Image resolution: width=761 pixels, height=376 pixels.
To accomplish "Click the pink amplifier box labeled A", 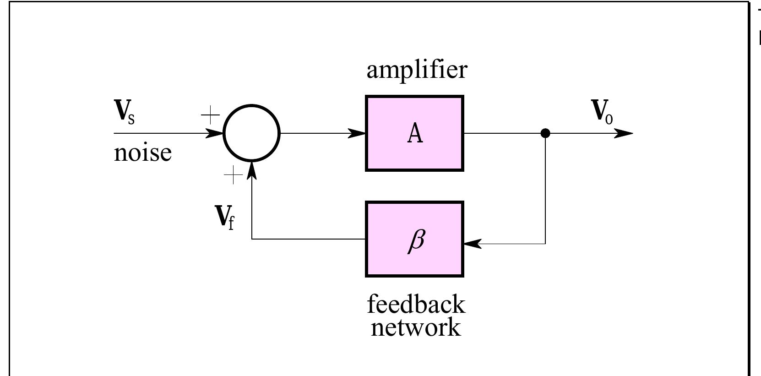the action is (414, 133).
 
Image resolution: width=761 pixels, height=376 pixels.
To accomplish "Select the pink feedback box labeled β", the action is (414, 239).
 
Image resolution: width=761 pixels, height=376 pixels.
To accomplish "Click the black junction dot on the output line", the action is (545, 133).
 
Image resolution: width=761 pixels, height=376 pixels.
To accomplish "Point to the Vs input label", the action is (124, 112).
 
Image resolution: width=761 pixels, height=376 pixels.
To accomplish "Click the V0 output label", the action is (602, 111).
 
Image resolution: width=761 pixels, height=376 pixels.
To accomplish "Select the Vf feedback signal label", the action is (224, 218).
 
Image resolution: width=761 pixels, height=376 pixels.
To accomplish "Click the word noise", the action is (143, 153).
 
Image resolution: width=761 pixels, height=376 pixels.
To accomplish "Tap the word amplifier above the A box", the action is (417, 71).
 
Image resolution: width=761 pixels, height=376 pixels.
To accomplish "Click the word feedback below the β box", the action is (416, 305).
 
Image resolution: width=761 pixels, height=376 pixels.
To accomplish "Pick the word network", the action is (416, 327).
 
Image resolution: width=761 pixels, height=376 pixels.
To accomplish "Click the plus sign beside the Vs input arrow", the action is (210, 115).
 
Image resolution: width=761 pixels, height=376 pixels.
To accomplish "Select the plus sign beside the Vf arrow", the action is (234, 175).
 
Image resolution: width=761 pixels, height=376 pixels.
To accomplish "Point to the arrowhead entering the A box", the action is (357, 133).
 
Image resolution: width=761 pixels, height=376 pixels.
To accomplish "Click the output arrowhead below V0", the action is (624, 133).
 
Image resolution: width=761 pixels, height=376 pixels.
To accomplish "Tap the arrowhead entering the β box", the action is (473, 244).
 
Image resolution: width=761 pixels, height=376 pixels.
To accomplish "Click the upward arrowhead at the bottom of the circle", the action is (251, 170).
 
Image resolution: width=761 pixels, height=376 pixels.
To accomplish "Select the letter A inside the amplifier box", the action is (415, 133).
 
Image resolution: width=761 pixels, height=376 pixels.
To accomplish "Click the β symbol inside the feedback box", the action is (417, 240).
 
